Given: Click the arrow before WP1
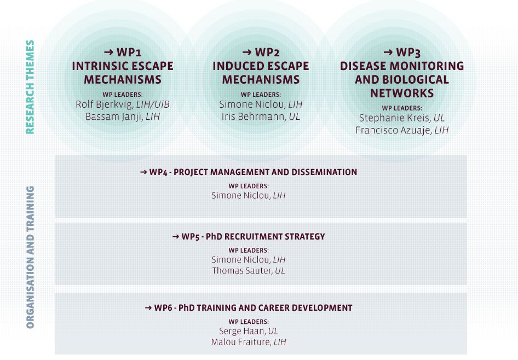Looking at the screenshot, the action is click(x=108, y=52).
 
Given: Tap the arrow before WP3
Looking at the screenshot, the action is click(x=388, y=52).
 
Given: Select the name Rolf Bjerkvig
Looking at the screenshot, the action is click(x=105, y=104).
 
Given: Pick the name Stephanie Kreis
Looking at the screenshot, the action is click(x=395, y=118).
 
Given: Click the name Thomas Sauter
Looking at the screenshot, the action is click(x=242, y=271).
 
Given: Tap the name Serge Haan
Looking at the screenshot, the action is click(x=242, y=331).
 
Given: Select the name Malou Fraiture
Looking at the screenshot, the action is click(x=241, y=342).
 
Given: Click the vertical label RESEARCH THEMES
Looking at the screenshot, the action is click(x=30, y=87).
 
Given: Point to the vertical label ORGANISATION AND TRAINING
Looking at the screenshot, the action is click(x=30, y=257).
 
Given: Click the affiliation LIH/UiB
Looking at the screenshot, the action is click(x=153, y=104).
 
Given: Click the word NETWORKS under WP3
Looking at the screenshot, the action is click(x=402, y=94).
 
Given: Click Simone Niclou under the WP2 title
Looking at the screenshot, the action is click(x=252, y=104).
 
